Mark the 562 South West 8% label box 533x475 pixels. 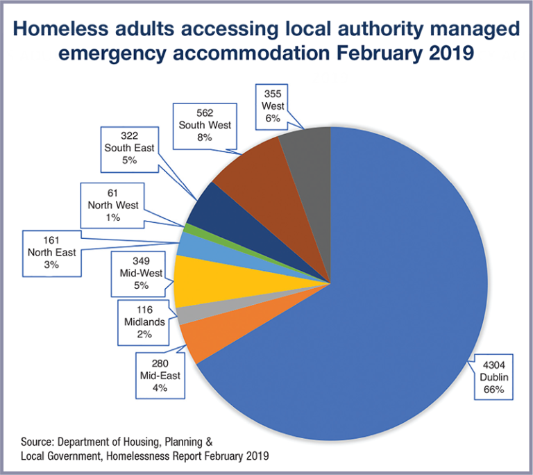(205, 124)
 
